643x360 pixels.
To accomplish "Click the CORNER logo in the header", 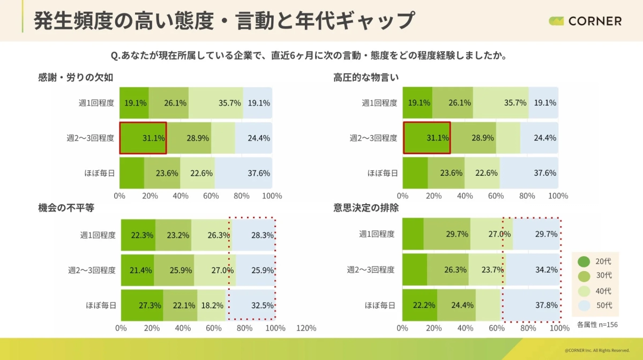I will pyautogui.click(x=585, y=21).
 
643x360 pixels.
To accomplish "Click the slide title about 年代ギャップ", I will pyautogui.click(x=224, y=20).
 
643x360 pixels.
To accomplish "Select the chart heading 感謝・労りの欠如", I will pyautogui.click(x=76, y=77).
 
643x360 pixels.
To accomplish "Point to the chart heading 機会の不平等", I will pyautogui.click(x=66, y=208).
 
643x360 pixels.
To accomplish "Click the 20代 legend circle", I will pyautogui.click(x=584, y=261).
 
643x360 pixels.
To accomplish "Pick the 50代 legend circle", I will pyautogui.click(x=584, y=305).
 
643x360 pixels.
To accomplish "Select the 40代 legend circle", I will pyautogui.click(x=584, y=291).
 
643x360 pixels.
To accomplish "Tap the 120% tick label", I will pyautogui.click(x=306, y=328).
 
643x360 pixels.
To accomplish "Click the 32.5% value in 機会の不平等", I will pyautogui.click(x=263, y=305).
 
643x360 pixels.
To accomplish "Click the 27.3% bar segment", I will pyautogui.click(x=142, y=305).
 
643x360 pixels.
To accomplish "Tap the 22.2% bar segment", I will pyautogui.click(x=420, y=305).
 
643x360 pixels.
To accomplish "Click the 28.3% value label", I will pyautogui.click(x=263, y=235).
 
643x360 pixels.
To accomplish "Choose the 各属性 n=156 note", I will pyautogui.click(x=597, y=324).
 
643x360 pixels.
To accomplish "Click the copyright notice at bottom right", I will pyautogui.click(x=597, y=350).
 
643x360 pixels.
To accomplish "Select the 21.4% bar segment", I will pyautogui.click(x=138, y=270).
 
